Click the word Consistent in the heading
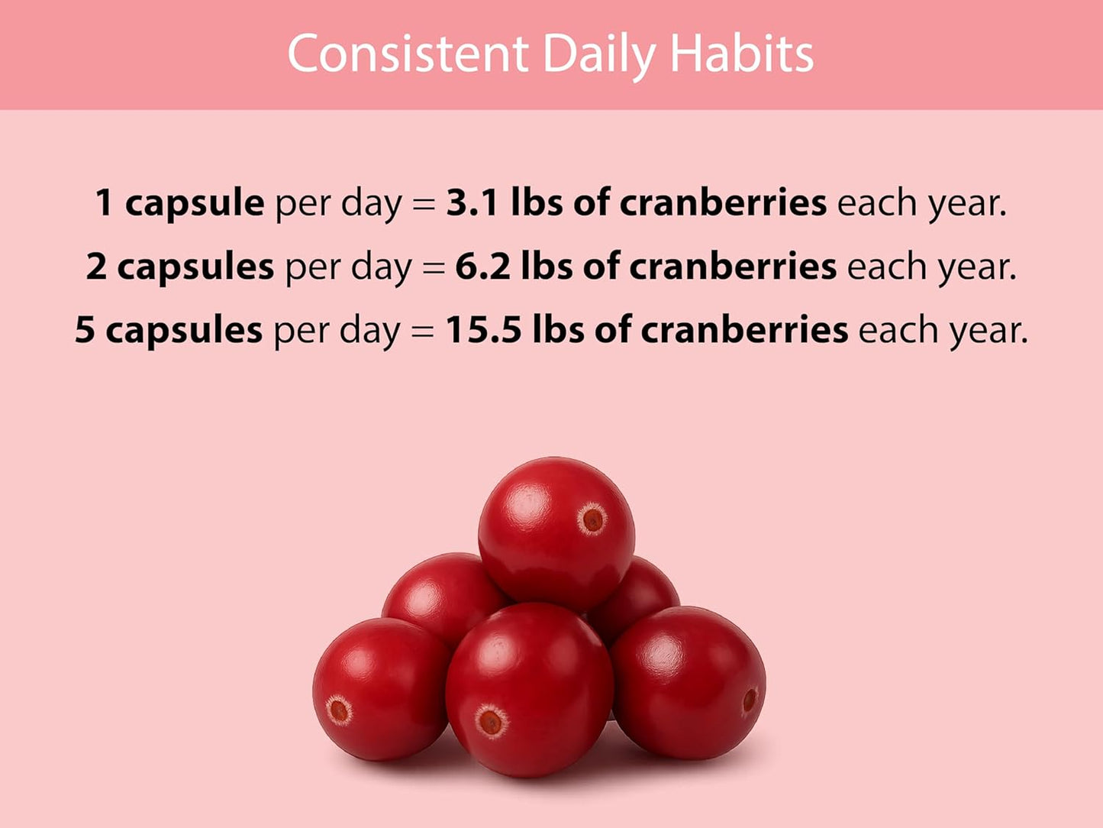click(x=408, y=54)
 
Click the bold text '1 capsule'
click(x=179, y=203)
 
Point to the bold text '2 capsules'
click(x=179, y=267)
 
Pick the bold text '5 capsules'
click(x=168, y=330)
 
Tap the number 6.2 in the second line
click(x=482, y=267)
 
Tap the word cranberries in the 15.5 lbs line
click(x=744, y=330)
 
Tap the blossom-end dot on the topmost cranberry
click(x=592, y=519)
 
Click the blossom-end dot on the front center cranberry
click(x=490, y=721)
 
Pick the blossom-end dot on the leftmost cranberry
click(x=338, y=711)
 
